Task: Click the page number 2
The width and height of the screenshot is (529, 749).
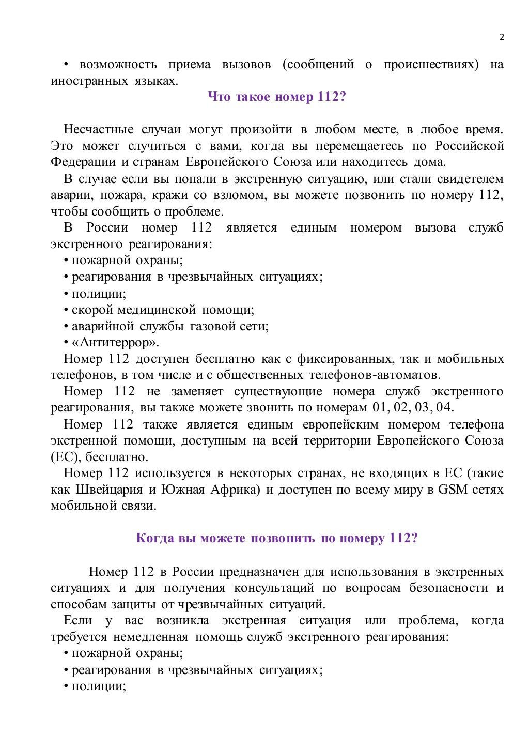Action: click(502, 37)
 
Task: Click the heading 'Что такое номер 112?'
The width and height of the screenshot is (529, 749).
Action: click(277, 97)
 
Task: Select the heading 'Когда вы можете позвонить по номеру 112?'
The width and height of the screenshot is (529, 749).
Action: click(277, 538)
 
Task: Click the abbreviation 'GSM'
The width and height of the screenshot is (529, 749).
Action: click(453, 490)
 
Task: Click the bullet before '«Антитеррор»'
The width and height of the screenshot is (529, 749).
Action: click(66, 343)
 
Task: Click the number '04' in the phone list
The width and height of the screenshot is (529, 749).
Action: click(444, 407)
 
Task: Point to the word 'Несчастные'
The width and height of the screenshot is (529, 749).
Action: click(98, 129)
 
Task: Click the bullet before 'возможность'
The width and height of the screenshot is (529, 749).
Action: click(66, 65)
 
